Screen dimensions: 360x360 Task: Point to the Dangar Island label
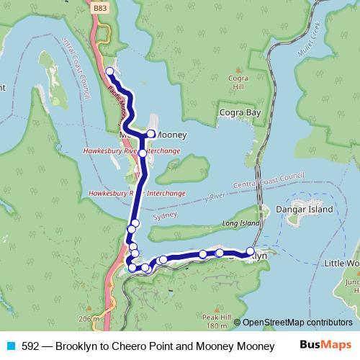pyautogui.click(x=307, y=210)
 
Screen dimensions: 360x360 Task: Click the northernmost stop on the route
pyautogui.click(x=109, y=71)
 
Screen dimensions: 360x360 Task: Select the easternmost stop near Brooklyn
pyautogui.click(x=251, y=251)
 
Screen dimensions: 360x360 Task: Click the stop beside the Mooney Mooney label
pyautogui.click(x=151, y=134)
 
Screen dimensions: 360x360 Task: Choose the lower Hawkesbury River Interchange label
pyautogui.click(x=137, y=194)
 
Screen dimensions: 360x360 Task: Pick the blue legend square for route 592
pyautogui.click(x=10, y=346)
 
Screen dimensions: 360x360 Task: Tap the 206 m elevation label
pyautogui.click(x=89, y=318)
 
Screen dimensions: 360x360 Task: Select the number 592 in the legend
pyautogui.click(x=30, y=346)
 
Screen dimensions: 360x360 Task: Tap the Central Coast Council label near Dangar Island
pyautogui.click(x=269, y=180)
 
